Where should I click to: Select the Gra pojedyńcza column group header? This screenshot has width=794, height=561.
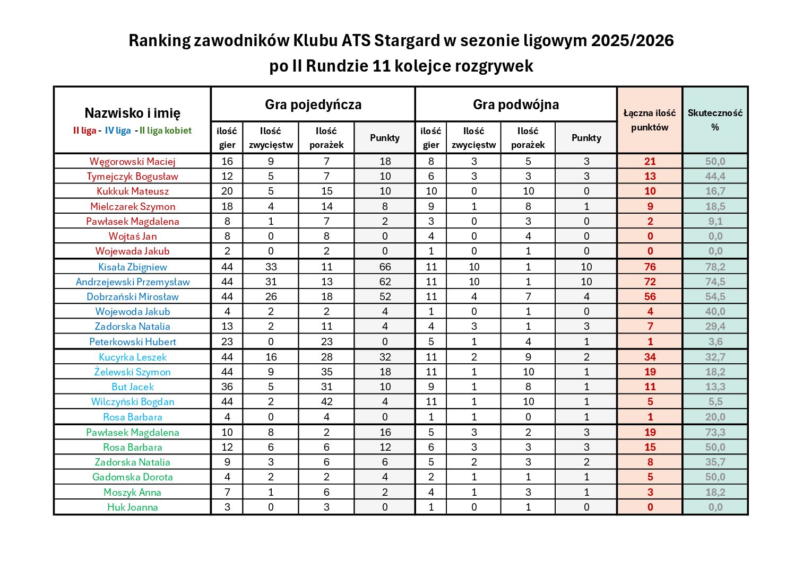[x=313, y=104]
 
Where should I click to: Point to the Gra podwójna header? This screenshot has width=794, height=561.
[x=515, y=104]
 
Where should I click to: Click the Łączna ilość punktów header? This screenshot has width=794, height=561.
[x=650, y=120]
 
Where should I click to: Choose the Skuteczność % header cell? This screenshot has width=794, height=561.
[x=715, y=120]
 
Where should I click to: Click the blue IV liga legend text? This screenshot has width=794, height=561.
[x=118, y=130]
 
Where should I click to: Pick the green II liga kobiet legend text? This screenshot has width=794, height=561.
[x=166, y=130]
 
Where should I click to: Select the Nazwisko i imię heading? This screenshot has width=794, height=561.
[x=132, y=113]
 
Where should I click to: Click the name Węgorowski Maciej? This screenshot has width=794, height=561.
[x=132, y=161]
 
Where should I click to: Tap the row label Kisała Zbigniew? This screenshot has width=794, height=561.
[x=132, y=267]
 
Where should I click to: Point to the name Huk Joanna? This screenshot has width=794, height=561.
[x=132, y=507]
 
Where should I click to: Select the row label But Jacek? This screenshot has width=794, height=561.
[x=132, y=387]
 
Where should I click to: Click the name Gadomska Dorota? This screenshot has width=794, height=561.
[x=132, y=477]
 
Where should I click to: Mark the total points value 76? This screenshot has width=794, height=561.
[x=650, y=267]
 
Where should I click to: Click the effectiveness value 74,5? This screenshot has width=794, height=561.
[x=715, y=282]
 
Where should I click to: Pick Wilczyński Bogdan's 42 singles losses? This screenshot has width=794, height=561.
[x=326, y=401]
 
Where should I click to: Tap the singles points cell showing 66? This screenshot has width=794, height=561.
[x=385, y=267]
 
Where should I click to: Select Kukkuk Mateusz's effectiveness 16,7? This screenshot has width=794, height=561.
[x=715, y=191]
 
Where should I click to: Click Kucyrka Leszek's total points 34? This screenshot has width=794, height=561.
[x=650, y=357]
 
